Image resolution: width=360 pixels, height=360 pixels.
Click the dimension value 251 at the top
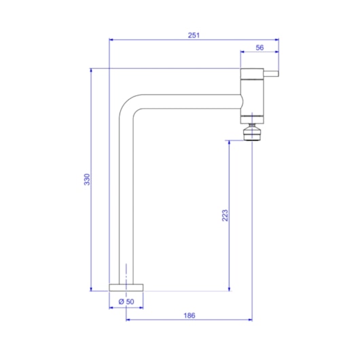tap(194, 35)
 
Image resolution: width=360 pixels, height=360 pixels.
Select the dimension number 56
tap(259, 48)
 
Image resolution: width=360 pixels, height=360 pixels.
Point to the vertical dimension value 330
tap(86, 179)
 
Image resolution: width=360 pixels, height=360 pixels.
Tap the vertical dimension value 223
tap(224, 215)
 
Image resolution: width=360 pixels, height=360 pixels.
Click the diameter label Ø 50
tap(126, 301)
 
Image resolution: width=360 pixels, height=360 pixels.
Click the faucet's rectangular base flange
tap(126, 287)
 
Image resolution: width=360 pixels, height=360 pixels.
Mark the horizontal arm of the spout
tap(190, 101)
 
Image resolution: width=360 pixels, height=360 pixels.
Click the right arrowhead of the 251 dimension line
tap(276, 39)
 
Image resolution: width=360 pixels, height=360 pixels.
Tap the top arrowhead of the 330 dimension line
tap(91, 70)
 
